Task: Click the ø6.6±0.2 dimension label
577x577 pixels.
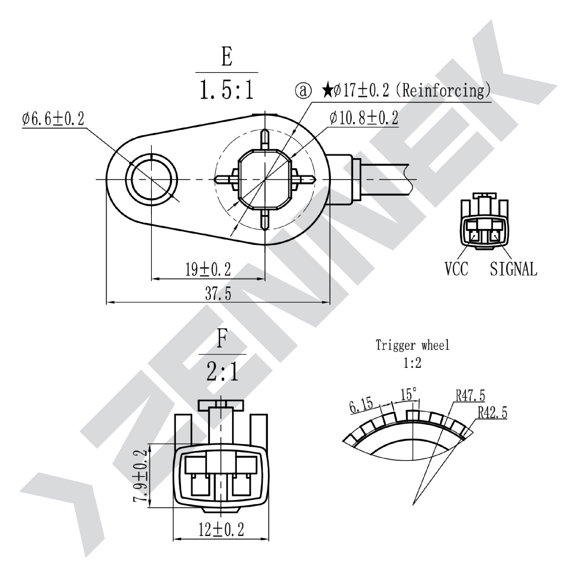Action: point(53,119)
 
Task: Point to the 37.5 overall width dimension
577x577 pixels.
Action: point(218,294)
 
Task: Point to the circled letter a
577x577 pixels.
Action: point(303,91)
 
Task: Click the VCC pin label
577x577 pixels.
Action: point(456,269)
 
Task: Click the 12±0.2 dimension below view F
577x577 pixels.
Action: point(221,529)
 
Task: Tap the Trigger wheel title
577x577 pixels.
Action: point(412,345)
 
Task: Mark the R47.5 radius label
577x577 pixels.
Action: point(470,396)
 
